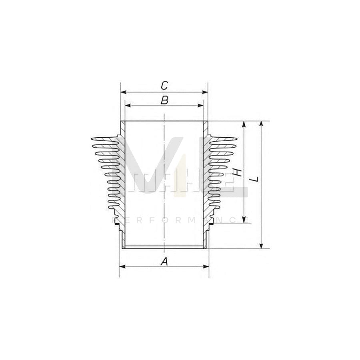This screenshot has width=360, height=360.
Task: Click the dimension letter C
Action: click(x=164, y=85)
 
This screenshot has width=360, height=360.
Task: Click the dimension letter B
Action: click(x=164, y=100)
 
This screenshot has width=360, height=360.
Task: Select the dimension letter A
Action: click(x=164, y=261)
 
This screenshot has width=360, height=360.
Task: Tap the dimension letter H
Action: click(x=238, y=172)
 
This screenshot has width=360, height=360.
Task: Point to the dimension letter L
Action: click(x=255, y=180)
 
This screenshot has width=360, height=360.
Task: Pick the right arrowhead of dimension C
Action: click(x=206, y=92)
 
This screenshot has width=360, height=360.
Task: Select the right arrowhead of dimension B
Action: click(x=201, y=106)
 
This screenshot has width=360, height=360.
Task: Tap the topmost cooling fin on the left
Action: click(x=105, y=139)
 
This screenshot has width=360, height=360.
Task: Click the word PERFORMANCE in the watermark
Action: click(x=180, y=220)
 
